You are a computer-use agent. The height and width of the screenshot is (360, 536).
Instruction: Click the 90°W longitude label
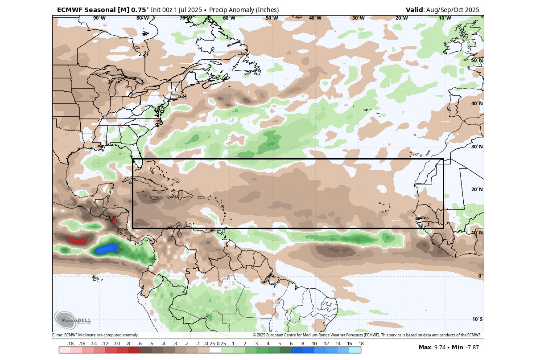click(99, 18)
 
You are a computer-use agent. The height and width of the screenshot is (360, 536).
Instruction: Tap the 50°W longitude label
click(272, 18)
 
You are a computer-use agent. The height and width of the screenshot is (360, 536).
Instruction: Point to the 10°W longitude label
click(445, 18)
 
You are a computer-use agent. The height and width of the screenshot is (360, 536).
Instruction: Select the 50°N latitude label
click(477, 60)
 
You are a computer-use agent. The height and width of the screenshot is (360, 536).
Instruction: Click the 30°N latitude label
click(477, 147)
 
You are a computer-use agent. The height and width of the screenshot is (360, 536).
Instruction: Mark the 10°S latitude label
click(477, 319)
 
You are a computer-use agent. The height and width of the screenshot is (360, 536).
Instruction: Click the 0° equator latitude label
click(480, 276)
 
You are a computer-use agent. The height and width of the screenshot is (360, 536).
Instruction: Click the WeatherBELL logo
click(73, 319)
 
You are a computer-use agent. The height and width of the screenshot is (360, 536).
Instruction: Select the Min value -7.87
click(471, 348)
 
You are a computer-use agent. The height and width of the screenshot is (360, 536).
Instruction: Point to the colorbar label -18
click(70, 344)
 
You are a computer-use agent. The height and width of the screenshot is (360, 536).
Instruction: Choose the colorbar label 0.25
click(221, 344)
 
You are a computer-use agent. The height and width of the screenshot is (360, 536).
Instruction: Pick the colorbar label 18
click(361, 344)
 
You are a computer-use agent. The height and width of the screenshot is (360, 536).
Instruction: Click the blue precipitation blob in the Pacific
click(107, 249)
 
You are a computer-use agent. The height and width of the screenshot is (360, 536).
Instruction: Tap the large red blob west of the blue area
click(77, 241)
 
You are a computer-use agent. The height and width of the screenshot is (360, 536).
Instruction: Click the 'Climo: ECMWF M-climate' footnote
click(95, 335)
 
